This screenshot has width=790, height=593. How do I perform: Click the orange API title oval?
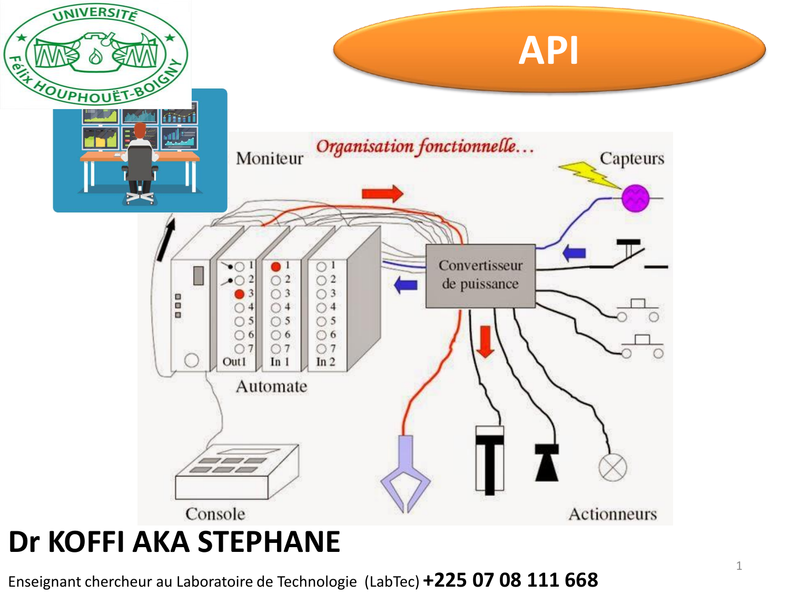[549, 50]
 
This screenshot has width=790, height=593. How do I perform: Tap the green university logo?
[95, 54]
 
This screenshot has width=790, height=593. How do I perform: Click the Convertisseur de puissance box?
[480, 276]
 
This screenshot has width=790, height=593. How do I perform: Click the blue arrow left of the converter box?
[406, 285]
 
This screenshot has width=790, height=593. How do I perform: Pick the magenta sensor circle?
[635, 198]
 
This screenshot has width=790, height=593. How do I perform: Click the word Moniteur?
[270, 158]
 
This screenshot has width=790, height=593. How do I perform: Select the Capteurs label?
[631, 158]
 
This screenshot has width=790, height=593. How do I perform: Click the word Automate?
[271, 386]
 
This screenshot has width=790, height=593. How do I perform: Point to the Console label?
[215, 513]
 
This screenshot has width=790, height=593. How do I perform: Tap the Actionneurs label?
[613, 513]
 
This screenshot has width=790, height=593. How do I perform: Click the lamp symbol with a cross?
[613, 467]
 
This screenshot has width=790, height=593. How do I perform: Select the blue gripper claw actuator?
[405, 474]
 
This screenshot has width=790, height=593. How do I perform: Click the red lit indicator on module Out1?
[240, 294]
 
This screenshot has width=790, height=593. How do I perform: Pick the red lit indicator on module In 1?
[275, 266]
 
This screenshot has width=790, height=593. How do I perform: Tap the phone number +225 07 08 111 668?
[510, 580]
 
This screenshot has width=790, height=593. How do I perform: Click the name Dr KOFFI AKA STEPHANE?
[174, 541]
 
